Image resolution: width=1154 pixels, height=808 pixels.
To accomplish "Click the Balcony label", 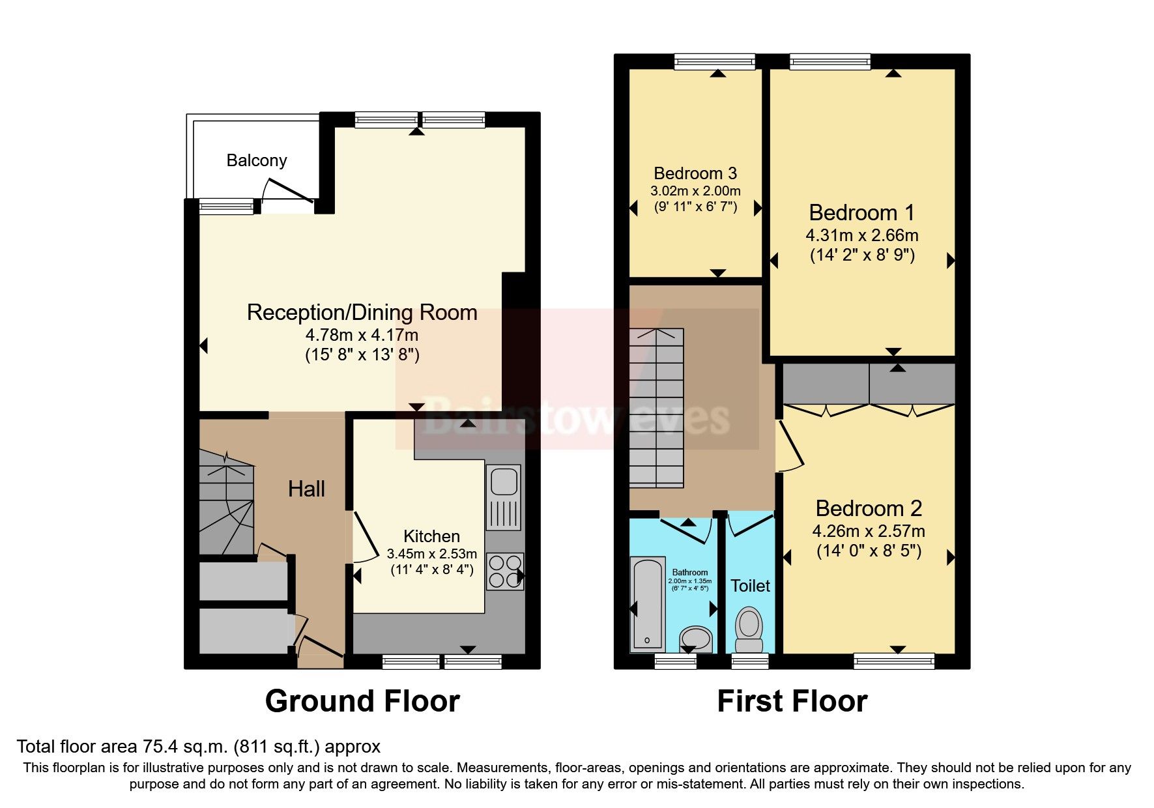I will (257, 160).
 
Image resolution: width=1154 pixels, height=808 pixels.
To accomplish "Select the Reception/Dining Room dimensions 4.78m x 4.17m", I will (362, 335).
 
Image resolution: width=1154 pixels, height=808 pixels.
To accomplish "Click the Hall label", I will (306, 489).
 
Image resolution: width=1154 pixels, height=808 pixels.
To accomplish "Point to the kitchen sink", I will (504, 483).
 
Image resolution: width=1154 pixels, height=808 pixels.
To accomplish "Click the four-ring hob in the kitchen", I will (504, 571).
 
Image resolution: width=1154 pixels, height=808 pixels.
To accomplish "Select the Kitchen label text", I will (431, 536).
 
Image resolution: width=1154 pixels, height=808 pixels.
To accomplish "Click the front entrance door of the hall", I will (319, 646).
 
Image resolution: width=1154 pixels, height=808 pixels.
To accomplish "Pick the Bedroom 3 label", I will (695, 173).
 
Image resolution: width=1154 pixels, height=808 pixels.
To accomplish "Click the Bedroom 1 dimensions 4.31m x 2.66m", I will (861, 235).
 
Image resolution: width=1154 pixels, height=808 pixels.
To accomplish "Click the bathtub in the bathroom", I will (647, 603).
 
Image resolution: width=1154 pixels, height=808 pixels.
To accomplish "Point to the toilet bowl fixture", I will (749, 628).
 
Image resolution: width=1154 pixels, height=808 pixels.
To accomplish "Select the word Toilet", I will (750, 586).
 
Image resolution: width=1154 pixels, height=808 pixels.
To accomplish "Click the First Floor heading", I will (792, 702).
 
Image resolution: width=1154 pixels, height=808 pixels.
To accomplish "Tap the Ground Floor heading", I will (362, 702).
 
